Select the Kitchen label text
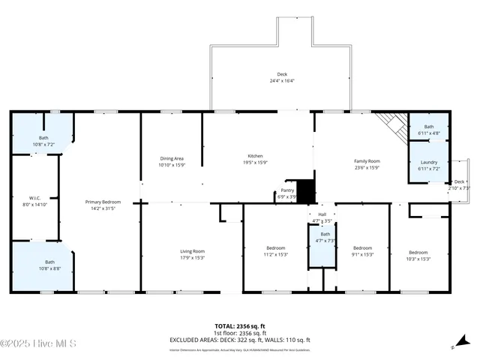coord(255,158)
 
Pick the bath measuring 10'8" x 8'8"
coord(43,264)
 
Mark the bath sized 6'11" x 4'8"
coord(429,130)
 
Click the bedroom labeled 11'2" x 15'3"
coord(276,250)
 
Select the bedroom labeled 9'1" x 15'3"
coord(363,250)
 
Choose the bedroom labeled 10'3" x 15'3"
coord(418,255)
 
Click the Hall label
coord(322,218)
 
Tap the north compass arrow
coord(453,346)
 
